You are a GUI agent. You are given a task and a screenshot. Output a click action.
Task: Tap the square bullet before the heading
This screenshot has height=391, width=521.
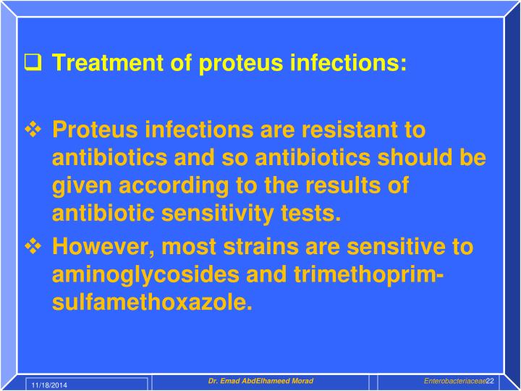point(33,63)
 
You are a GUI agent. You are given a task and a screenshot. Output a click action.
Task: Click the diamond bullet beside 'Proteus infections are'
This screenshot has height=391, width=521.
point(34,130)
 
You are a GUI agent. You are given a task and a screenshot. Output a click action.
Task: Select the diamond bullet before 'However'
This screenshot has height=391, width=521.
point(34,247)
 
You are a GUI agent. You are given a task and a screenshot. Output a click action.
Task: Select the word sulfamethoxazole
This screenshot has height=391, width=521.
point(152,302)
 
